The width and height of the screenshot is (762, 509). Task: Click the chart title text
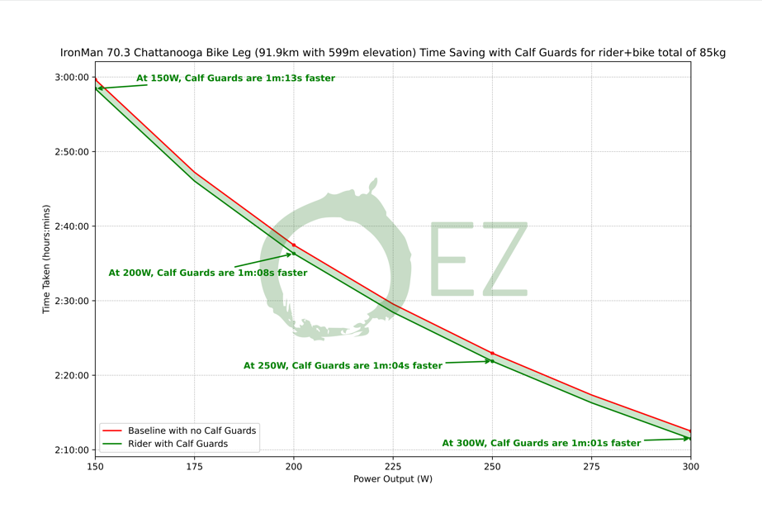pos(393,53)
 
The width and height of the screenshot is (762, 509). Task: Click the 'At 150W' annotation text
pos(235,78)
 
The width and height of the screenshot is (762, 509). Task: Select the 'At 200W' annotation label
pos(207,273)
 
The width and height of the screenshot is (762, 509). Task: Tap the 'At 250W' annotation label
pos(343,365)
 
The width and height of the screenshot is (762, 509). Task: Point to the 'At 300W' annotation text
pos(541,443)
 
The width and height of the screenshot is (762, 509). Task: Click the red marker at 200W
pos(294,245)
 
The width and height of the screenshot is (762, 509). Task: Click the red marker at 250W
pos(492,353)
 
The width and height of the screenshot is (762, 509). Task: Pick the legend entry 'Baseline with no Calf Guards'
pos(192,431)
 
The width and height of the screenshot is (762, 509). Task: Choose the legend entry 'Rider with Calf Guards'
pos(177,444)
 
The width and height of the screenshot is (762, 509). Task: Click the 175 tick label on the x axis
pos(194,467)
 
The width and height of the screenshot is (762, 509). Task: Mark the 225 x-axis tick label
pos(393,467)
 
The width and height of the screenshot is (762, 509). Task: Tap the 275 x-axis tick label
pos(591,467)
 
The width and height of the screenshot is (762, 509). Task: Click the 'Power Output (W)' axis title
pos(393,479)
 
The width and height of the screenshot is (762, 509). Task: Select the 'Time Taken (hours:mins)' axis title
pos(47,259)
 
